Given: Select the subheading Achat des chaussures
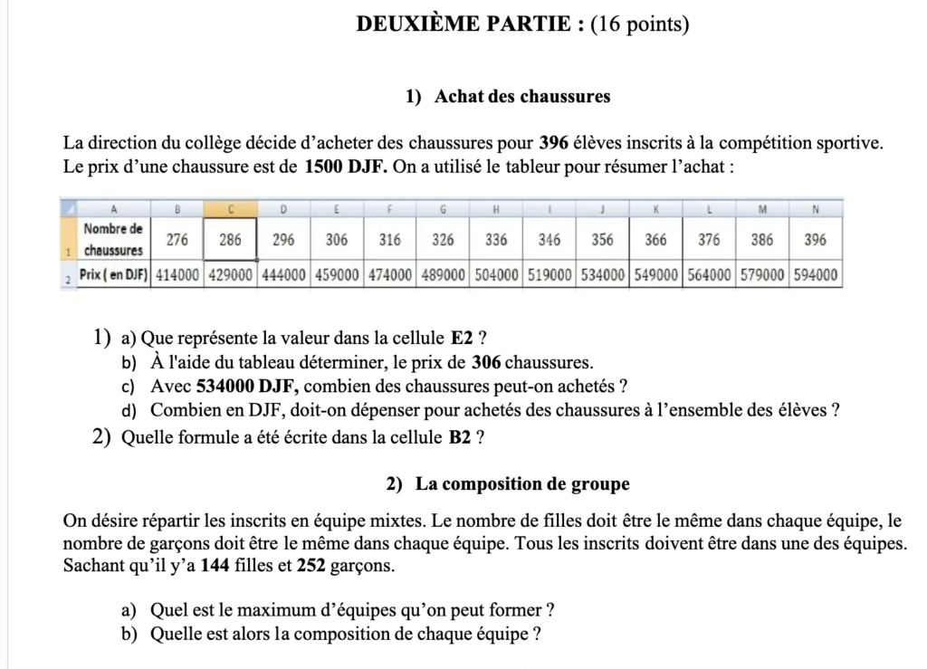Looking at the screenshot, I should pos(521,96).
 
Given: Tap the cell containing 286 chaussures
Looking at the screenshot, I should pos(230,240).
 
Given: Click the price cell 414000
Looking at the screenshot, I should pos(177,274).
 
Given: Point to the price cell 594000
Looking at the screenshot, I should pos(816,274).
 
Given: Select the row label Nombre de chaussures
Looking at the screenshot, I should pos(113,240).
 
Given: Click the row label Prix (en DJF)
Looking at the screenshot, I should pos(113,274).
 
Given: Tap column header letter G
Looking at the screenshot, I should pos(444,208).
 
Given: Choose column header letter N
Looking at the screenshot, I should pos(815,208).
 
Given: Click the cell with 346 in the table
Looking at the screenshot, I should pos(550,240).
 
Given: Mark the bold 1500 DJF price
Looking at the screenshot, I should pos(346,167).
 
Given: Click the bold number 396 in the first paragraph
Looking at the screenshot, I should pos(553,143).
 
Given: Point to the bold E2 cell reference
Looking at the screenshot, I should pos(462,339).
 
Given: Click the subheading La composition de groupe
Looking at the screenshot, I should pos(522,484).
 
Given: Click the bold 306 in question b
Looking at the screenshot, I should pos(486,363).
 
